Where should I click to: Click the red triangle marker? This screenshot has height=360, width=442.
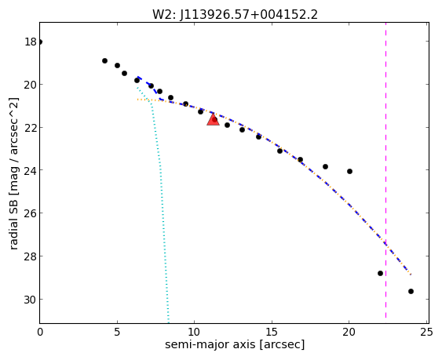(213, 119)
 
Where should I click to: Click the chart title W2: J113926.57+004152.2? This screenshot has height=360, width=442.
(235, 15)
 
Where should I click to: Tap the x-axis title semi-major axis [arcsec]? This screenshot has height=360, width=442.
(235, 344)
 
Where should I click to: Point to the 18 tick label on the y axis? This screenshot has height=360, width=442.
(31, 42)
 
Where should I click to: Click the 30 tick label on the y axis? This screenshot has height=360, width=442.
(31, 300)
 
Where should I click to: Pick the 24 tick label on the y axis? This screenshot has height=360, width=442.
(31, 171)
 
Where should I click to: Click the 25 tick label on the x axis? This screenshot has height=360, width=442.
(426, 333)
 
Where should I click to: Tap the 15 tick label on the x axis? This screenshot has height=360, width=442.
(272, 333)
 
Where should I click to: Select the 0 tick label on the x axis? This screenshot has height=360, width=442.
(40, 333)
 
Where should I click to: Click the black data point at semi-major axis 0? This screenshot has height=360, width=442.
(40, 42)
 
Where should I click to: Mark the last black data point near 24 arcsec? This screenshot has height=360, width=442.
(411, 291)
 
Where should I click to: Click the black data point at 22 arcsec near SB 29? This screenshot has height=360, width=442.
(380, 273)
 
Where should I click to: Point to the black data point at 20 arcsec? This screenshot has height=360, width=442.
(349, 171)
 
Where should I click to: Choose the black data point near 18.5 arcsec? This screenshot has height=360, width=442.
(325, 166)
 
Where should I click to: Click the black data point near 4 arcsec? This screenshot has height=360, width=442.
(105, 60)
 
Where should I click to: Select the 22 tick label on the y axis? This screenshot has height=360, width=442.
(31, 128)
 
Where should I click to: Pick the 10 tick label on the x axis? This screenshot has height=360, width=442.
(195, 333)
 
